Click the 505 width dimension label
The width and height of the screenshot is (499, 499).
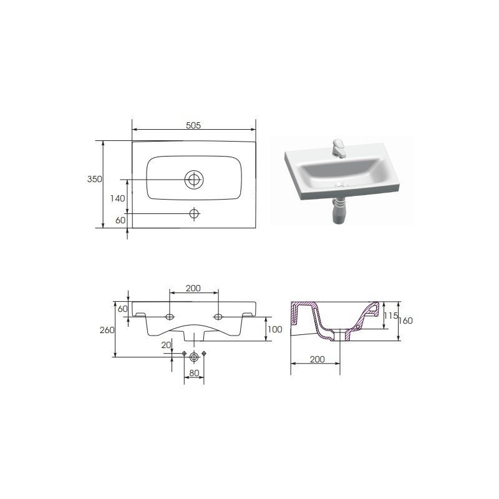coord(193,125)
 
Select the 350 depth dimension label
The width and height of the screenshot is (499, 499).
coord(95,179)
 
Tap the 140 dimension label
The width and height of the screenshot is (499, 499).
coord(118,198)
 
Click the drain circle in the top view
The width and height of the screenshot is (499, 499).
coord(194,180)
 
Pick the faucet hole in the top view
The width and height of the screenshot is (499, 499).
coord(194,213)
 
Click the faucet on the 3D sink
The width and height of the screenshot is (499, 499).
coord(339,148)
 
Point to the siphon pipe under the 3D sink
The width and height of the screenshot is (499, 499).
coord(340,211)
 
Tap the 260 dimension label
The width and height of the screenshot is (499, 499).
coord(107,331)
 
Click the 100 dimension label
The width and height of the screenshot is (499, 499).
coord(274,329)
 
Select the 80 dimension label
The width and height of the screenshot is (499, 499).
coord(194,373)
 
